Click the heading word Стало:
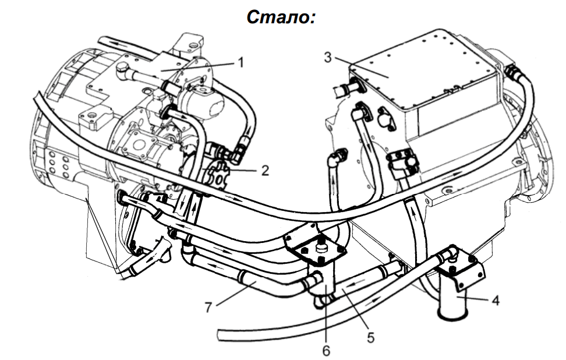pos(281,17)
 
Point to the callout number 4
pos(496,302)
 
